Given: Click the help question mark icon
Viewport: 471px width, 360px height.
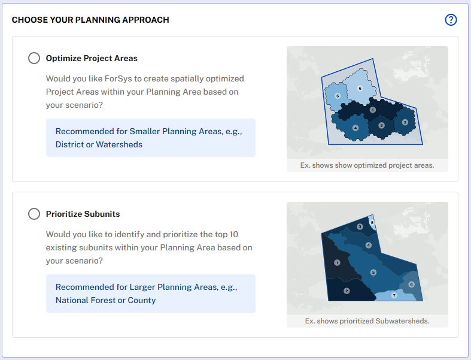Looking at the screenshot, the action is pos(451,20).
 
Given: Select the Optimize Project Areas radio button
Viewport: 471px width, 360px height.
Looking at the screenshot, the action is pos(34,58).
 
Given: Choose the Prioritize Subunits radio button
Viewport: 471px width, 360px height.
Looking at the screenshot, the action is pos(34,214).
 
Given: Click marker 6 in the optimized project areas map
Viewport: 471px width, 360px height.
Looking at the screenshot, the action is pos(360,88).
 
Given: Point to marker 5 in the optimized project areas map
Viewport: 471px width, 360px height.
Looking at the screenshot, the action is pos(338,96).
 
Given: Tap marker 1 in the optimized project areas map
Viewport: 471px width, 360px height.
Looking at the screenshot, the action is pos(373,110).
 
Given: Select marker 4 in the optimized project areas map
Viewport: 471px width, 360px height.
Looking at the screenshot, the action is pos(355,128).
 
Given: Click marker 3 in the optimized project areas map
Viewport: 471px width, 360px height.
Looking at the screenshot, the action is pos(405,122).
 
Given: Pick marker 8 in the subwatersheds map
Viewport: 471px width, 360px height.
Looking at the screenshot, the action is pos(372,223).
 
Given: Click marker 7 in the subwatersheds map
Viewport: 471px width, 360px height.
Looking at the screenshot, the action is pos(394,296).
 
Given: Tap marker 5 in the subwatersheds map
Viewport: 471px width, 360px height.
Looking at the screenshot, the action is pos(373,273).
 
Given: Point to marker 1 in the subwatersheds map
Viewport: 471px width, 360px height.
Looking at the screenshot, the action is pos(337,262).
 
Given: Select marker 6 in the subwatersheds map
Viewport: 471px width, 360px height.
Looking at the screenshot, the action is pos(412,284).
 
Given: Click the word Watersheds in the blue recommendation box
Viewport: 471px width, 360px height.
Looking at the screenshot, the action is pos(119,145).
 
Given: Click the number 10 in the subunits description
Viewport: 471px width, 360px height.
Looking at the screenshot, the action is pos(233,235).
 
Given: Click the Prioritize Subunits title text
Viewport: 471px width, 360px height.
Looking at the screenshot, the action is pos(83,214).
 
